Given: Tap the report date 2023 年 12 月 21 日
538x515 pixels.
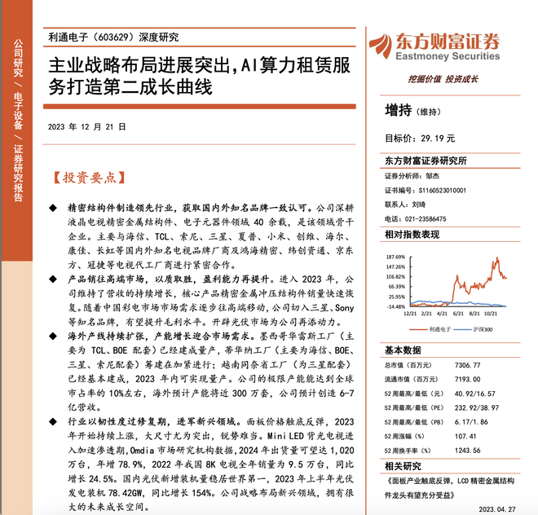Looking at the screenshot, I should coord(87,127).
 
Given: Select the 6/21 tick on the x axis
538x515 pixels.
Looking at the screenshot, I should coord(459,314).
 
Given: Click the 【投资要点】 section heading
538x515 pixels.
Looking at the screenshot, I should coord(83,176).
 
